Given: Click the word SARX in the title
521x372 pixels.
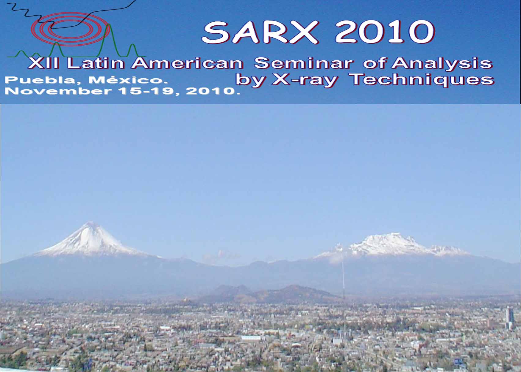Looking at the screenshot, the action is (x=260, y=32).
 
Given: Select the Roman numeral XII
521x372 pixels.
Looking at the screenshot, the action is (x=43, y=63).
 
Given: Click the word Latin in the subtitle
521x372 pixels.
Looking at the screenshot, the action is (x=95, y=63).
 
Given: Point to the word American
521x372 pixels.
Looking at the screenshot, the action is (x=188, y=63).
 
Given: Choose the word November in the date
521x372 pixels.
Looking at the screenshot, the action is (x=58, y=91).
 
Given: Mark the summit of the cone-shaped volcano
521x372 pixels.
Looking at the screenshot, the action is (x=91, y=222).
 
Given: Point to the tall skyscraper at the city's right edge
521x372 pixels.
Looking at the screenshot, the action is (x=509, y=318).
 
